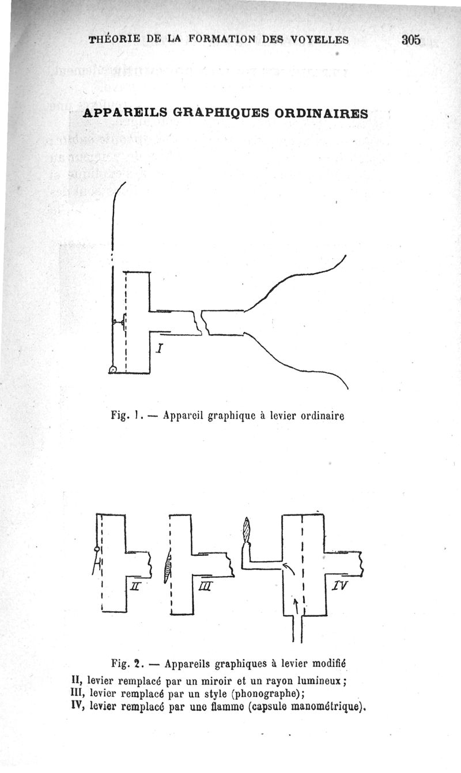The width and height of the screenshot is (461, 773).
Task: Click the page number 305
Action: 411,40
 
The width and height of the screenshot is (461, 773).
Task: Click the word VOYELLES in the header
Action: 319,40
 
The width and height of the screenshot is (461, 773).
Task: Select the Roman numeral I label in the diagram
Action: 159,348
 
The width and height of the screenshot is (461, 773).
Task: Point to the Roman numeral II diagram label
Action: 135,586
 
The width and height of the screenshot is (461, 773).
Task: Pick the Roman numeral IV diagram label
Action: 340,585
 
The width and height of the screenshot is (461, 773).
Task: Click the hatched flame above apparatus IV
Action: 246,530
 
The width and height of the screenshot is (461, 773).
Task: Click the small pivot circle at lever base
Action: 112,370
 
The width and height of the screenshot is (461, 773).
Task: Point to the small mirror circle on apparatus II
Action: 97,550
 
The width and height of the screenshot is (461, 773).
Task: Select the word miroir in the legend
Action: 216,681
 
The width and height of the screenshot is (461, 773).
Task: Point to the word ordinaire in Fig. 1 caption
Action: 322,416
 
